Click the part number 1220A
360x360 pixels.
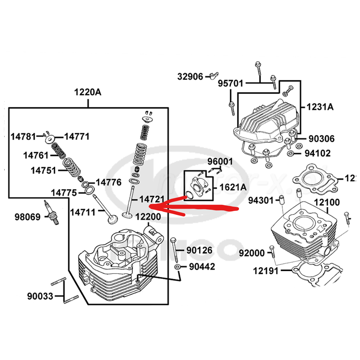pyautogui.click(x=88, y=92)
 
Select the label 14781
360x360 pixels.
pyautogui.click(x=23, y=136)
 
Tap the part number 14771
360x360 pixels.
pyautogui.click(x=77, y=136)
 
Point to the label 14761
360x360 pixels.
pyautogui.click(x=36, y=156)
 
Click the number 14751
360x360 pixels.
pyautogui.click(x=43, y=170)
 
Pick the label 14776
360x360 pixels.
pyautogui.click(x=109, y=183)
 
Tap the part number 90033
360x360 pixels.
pyautogui.click(x=40, y=296)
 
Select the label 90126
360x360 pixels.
pyautogui.click(x=199, y=250)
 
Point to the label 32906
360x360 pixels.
pyautogui.click(x=190, y=76)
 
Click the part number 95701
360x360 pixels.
pyautogui.click(x=230, y=84)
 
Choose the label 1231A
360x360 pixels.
pyautogui.click(x=320, y=107)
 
